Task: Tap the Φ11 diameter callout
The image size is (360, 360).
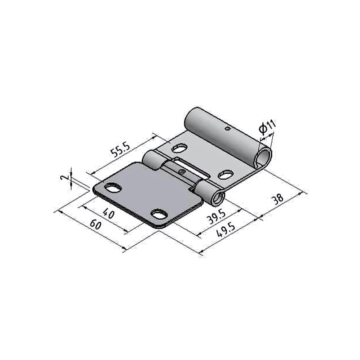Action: (x=267, y=127)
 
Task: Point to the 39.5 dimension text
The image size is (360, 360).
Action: (x=216, y=217)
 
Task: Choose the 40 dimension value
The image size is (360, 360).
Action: (x=108, y=213)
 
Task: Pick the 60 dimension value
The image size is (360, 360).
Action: (x=95, y=224)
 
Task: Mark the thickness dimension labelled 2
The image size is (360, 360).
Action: (x=65, y=178)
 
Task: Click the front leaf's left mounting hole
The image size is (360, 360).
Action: (x=113, y=188)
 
